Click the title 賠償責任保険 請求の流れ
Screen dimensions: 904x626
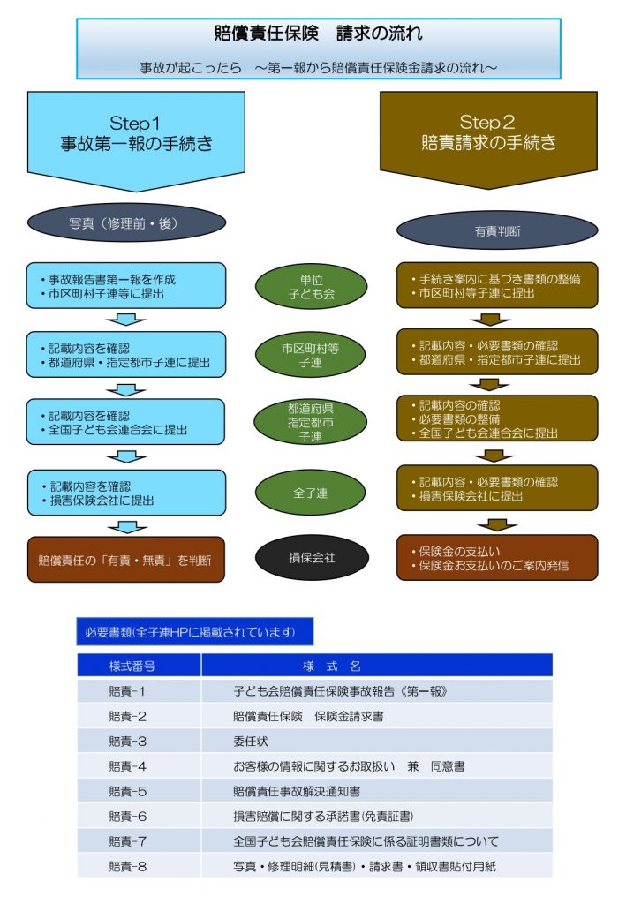point(318,34)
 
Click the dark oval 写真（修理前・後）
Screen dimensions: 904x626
point(123,224)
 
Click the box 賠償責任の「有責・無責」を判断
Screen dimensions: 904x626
point(125,559)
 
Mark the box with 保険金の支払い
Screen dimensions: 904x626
point(496,558)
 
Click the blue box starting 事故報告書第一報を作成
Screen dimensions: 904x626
point(125,285)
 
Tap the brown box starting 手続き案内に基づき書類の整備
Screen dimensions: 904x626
point(496,285)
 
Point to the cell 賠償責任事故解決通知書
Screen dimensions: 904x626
point(296,791)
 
